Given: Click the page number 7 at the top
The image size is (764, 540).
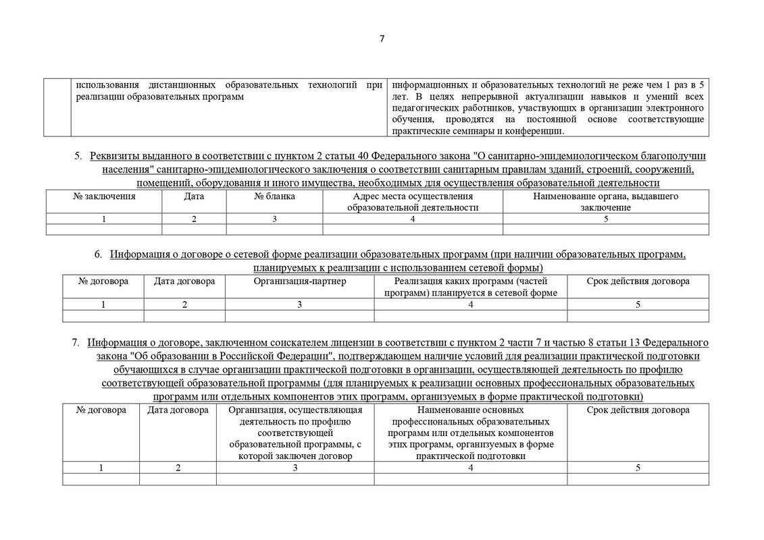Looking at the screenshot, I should [x=382, y=38].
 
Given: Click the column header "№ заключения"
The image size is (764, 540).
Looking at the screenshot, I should [x=104, y=196].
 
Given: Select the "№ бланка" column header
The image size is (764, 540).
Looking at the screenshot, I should [x=274, y=196].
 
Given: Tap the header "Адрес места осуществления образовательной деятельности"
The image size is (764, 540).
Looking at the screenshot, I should [x=413, y=202].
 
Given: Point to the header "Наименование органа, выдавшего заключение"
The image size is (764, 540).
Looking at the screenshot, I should [x=605, y=202].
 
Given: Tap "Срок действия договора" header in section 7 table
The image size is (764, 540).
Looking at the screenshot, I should [x=638, y=410].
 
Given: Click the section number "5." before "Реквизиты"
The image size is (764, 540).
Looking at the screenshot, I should [x=78, y=157].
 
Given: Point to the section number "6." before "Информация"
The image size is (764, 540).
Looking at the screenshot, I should [x=99, y=254].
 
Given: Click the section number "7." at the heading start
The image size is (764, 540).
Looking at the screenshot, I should [x=76, y=342].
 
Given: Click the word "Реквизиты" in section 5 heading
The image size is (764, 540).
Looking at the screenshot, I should [x=116, y=157].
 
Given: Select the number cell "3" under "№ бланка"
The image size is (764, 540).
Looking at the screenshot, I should [x=274, y=219].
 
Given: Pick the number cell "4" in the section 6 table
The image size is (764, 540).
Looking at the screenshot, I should [x=470, y=304].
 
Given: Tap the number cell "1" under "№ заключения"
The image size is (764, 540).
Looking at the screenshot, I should [x=104, y=219].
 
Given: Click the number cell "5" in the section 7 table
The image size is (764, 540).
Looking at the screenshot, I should [x=638, y=468].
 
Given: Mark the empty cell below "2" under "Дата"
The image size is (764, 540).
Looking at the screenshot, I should [x=193, y=230].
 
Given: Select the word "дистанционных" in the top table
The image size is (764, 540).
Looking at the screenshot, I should [x=181, y=86].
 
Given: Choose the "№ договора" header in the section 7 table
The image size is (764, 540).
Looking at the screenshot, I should [x=101, y=410].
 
